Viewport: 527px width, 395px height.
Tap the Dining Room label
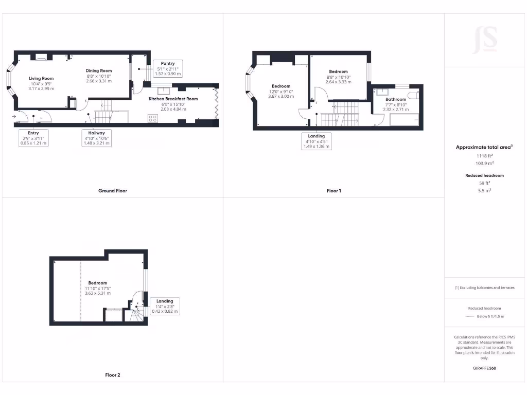pyautogui.click(x=99, y=76)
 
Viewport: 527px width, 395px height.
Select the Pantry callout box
pyautogui.click(x=168, y=68)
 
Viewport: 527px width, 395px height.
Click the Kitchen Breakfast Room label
pyautogui.click(x=173, y=103)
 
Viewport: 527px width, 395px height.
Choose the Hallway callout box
pyautogui.click(x=96, y=138)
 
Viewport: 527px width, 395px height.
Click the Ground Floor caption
pyautogui.click(x=112, y=191)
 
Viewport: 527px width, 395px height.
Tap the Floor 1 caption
pyautogui.click(x=333, y=191)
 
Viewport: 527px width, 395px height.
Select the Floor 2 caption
pyautogui.click(x=112, y=375)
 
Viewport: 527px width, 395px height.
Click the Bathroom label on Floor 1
pyautogui.click(x=396, y=104)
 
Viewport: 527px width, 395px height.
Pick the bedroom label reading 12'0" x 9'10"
pyautogui.click(x=281, y=91)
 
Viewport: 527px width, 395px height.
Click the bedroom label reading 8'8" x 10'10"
pyautogui.click(x=338, y=77)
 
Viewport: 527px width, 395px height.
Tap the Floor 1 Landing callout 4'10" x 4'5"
pyautogui.click(x=317, y=141)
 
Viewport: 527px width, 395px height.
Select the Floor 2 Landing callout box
pyautogui.click(x=165, y=306)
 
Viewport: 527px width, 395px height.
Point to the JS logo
pyautogui.click(x=485, y=39)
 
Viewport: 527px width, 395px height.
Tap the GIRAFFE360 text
pyautogui.click(x=484, y=368)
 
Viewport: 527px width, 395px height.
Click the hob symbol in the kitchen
pyautogui.click(x=152, y=118)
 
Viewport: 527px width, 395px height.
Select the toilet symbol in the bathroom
pyautogui.click(x=414, y=95)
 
